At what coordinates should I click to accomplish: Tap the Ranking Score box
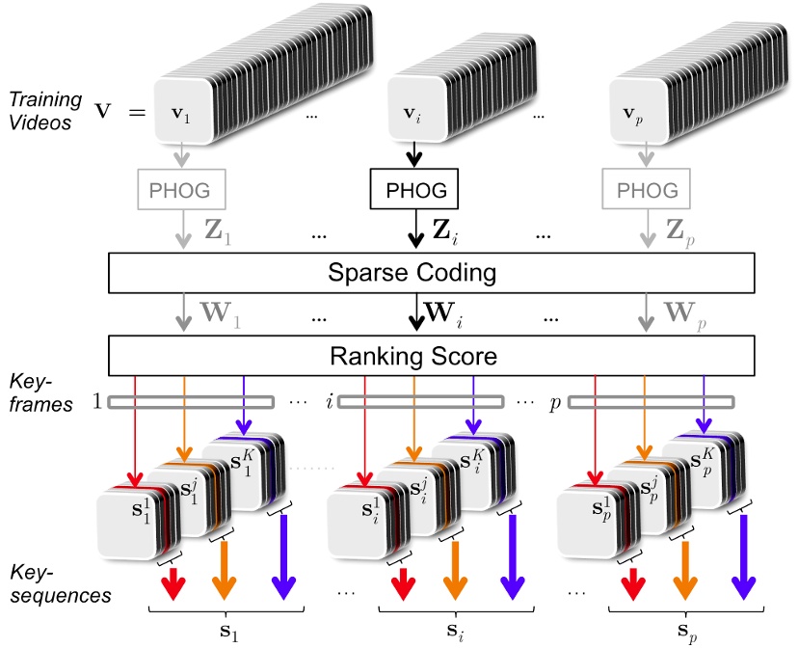coord(413,357)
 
